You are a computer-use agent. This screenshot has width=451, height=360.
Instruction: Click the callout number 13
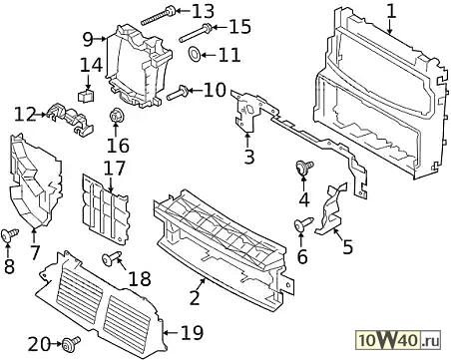(203, 11)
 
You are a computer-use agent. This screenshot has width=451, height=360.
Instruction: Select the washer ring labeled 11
(195, 54)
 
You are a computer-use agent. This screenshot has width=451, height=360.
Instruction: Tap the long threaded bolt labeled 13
(158, 16)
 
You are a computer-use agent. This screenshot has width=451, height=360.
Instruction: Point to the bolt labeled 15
(196, 33)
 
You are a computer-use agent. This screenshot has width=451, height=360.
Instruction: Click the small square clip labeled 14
(86, 96)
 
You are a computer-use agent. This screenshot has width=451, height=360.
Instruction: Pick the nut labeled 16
(116, 116)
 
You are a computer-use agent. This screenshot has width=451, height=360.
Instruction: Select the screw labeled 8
(9, 234)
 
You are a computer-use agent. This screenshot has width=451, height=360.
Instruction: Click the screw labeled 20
(71, 343)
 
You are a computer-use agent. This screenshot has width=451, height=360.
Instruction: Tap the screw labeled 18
(111, 258)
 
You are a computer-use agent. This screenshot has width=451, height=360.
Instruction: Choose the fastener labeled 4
(304, 167)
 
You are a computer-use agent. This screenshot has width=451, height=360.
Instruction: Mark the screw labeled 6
(303, 224)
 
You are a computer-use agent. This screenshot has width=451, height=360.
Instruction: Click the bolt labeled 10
(178, 93)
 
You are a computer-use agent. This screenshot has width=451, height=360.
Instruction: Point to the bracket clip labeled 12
(71, 119)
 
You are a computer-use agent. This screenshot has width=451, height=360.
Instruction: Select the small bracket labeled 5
(331, 209)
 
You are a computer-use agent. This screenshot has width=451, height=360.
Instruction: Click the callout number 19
(192, 333)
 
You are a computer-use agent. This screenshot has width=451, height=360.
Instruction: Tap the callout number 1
(392, 11)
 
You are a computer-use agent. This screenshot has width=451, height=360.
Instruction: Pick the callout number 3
(248, 157)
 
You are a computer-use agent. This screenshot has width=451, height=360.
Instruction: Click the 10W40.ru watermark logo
(399, 340)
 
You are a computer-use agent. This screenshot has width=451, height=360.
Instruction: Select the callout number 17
(114, 169)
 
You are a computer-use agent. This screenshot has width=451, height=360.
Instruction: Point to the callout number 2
(195, 297)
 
